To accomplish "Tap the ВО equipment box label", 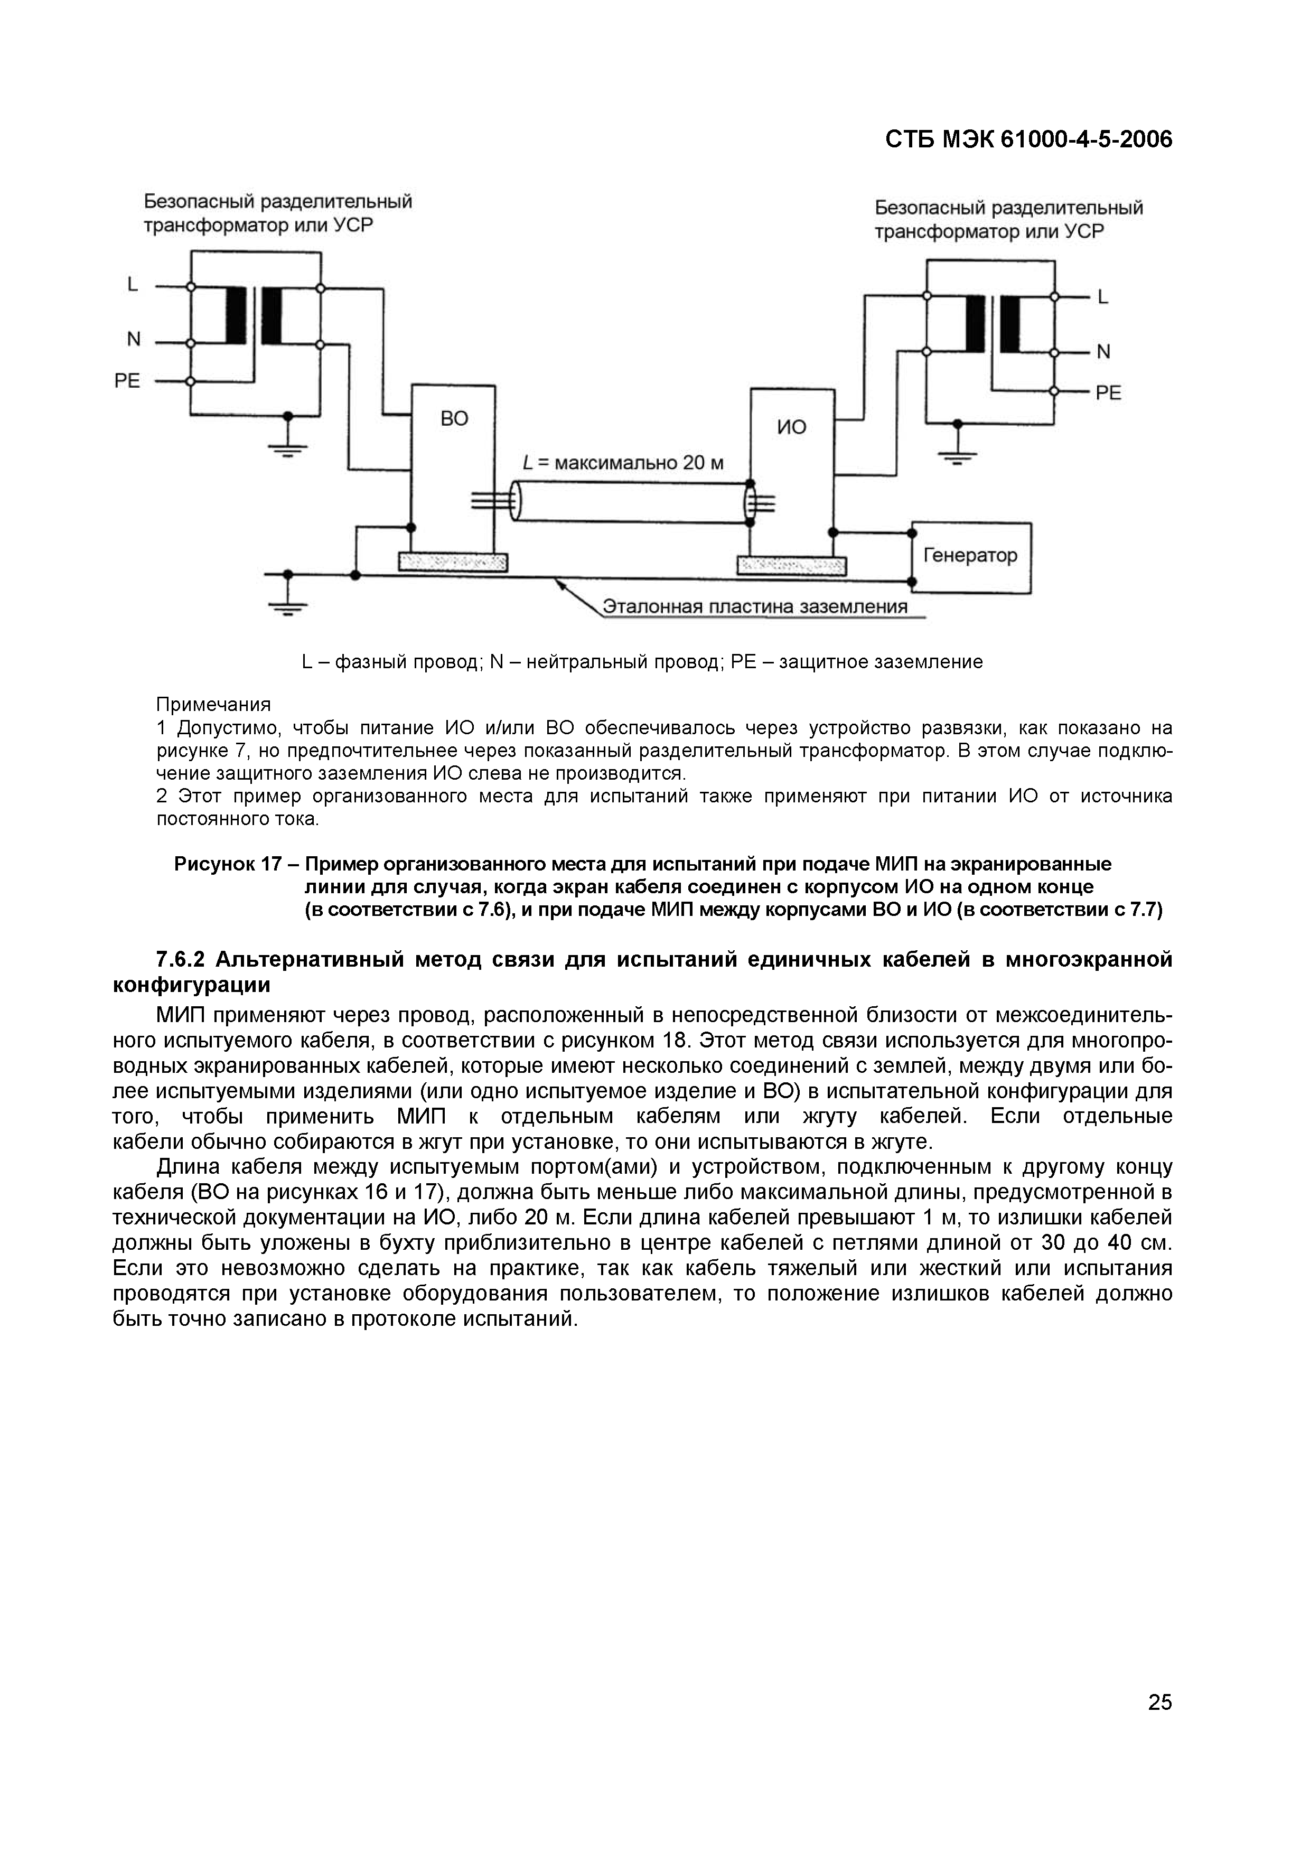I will coord(454,419).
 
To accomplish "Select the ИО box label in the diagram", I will coord(791,427).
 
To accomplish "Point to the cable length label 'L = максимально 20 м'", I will coord(623,463).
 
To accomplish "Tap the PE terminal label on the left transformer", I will coord(127,381).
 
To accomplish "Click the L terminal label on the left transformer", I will coord(133,285).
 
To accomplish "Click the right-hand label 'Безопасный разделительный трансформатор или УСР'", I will coord(1009,220).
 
